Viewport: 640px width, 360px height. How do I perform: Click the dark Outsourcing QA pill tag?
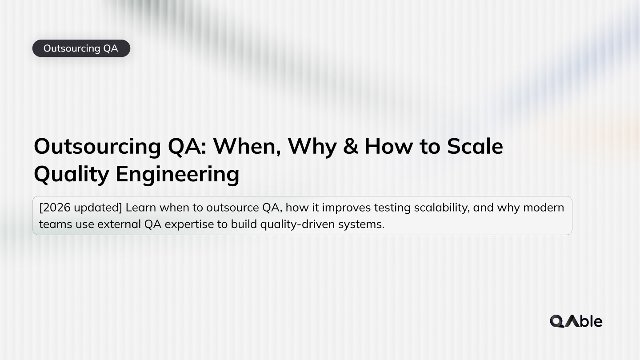click(x=81, y=48)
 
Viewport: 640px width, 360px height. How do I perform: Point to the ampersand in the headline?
click(x=351, y=146)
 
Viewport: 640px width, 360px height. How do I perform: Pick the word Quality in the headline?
click(x=71, y=174)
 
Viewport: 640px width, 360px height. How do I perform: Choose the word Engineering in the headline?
click(x=177, y=174)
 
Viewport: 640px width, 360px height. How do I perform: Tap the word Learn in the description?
click(x=141, y=208)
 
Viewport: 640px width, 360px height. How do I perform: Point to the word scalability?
click(x=440, y=208)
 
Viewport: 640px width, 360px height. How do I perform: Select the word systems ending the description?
click(x=361, y=224)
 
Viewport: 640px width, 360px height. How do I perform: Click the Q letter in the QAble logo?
click(x=557, y=321)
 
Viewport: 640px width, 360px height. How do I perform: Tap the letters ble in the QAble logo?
click(x=591, y=321)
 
